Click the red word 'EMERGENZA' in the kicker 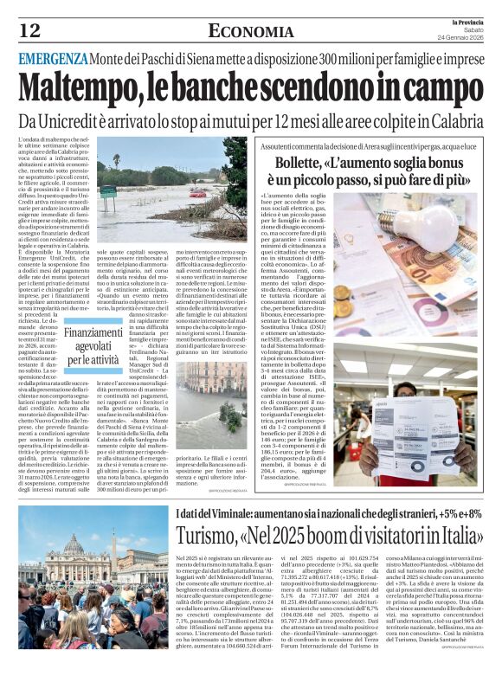pyautogui.click(x=54, y=58)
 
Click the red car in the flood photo pyautogui.click(x=198, y=194)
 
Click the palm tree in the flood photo pyautogui.click(x=116, y=161)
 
